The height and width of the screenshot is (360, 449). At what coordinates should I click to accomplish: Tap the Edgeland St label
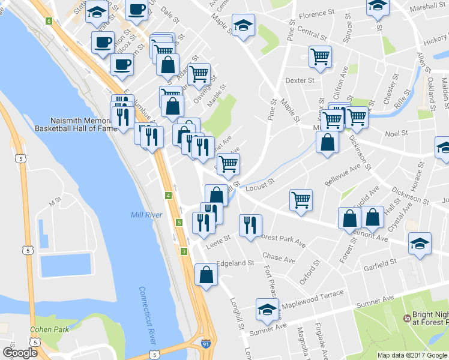pos(235,263)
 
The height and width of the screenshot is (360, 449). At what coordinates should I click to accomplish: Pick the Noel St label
pos(396,133)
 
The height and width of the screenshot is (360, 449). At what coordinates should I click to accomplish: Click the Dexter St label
pos(300,80)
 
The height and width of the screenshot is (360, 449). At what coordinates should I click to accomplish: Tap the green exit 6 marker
pos(49,21)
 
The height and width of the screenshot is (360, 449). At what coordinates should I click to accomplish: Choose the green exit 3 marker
pos(184,251)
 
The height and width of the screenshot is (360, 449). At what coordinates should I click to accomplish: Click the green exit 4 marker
pos(169,196)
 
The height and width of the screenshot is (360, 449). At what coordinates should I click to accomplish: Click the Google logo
pos(20,352)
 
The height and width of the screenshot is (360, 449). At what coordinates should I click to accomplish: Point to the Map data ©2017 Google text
pos(412,355)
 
